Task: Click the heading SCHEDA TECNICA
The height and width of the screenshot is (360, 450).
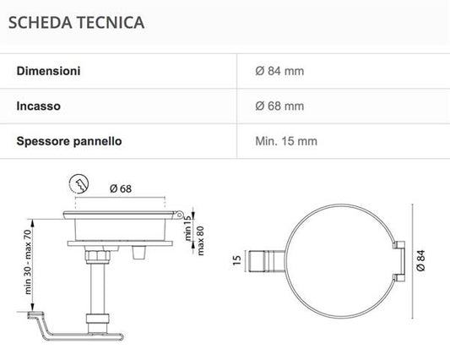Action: [76, 23]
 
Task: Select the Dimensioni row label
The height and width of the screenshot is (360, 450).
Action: [48, 71]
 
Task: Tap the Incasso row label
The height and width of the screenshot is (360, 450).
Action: [39, 106]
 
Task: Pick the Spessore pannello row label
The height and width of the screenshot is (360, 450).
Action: [69, 141]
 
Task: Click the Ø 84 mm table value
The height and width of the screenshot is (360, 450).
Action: [279, 71]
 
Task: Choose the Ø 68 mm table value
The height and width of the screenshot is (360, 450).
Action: [279, 106]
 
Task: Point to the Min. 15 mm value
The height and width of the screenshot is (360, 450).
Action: [286, 141]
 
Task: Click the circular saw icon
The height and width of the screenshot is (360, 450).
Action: [79, 184]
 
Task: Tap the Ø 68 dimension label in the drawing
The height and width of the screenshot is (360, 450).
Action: [121, 188]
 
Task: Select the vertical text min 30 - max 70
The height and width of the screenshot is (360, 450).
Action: [28, 262]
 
